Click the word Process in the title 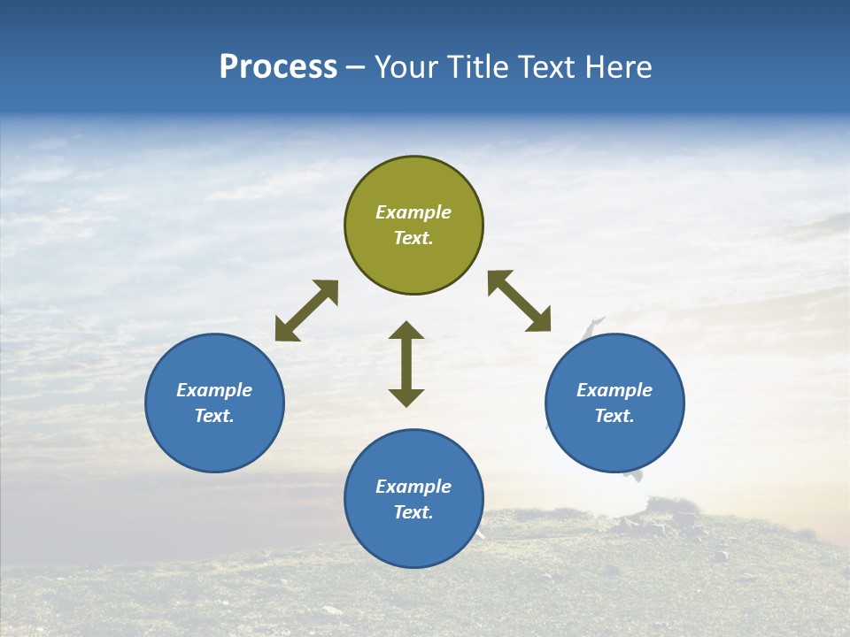(278, 67)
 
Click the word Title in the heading (479, 67)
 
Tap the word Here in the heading (618, 67)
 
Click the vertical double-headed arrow (406, 364)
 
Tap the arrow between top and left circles (306, 311)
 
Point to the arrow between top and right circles (520, 301)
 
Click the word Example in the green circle (413, 212)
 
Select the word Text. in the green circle (413, 238)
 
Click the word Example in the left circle (214, 390)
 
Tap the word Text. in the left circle (214, 416)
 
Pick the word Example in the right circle (614, 390)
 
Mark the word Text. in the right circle (614, 416)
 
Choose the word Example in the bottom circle (413, 487)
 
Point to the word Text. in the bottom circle (413, 512)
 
